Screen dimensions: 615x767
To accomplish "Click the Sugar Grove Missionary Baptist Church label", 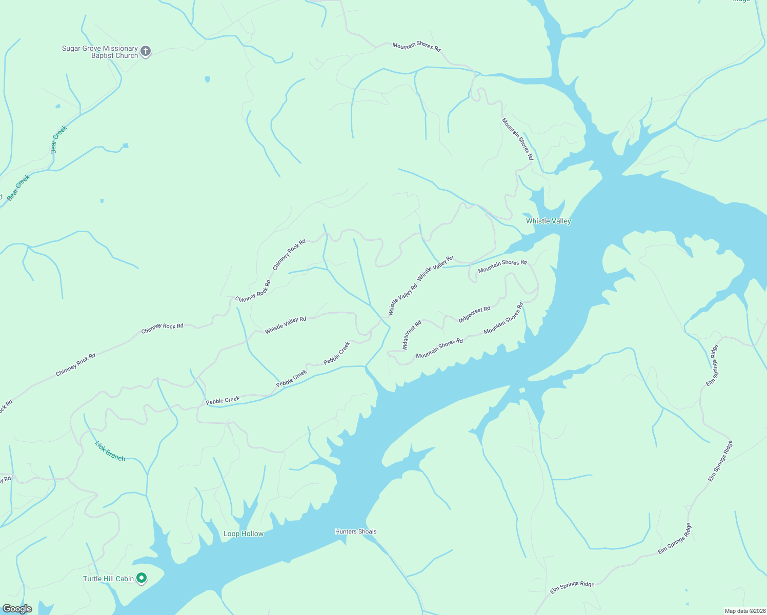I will [100, 52].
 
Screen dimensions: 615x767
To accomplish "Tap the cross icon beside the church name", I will [146, 51].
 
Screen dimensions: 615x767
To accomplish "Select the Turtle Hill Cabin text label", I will [108, 579].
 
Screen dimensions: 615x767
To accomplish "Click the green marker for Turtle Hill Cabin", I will [141, 578].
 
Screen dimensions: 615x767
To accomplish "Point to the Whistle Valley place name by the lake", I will [548, 221].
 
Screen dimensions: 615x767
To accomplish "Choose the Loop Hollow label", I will [243, 534].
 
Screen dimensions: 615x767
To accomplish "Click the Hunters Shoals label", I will [356, 531].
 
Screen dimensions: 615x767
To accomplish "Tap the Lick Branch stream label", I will [110, 451].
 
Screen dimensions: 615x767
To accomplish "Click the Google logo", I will [17, 609].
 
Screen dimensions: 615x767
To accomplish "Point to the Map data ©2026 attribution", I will [745, 611].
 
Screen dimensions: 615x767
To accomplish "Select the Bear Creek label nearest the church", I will [58, 139].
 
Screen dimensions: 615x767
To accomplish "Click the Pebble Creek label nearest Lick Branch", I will [223, 400].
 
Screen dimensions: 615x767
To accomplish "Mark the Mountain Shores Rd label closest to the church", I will [416, 46].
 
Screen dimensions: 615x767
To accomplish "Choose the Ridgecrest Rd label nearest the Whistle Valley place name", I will [474, 314].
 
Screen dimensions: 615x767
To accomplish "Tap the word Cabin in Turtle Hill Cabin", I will [125, 579].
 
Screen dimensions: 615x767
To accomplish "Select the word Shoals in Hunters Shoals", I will [367, 531].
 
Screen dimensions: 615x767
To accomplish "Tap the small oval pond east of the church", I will [207, 79].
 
